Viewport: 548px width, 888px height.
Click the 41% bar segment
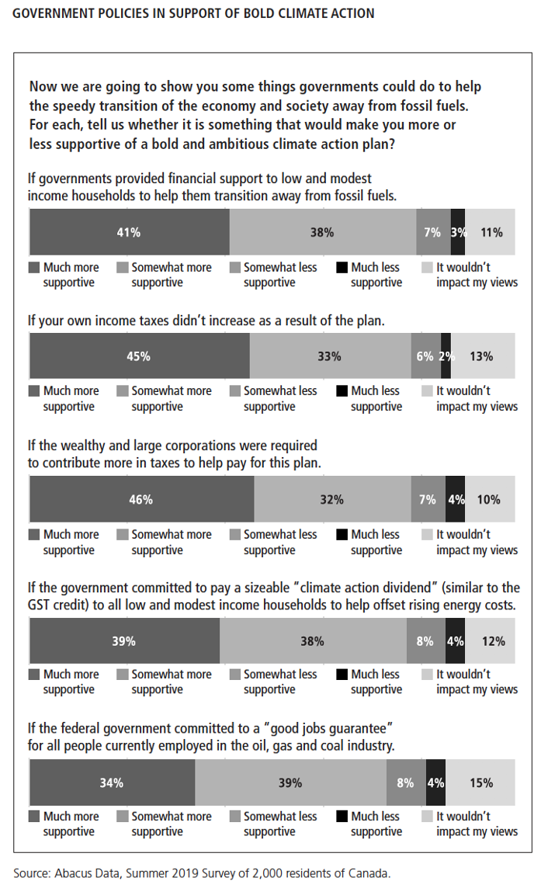[129, 232]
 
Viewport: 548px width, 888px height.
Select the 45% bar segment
[139, 356]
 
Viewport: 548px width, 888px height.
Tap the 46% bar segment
[141, 499]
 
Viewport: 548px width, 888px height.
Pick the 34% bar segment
[112, 782]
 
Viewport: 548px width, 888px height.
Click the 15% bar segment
[480, 782]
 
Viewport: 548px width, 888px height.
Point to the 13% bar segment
[482, 356]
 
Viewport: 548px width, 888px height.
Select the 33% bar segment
[330, 356]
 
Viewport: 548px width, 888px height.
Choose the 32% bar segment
[332, 499]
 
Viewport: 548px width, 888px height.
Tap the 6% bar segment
[425, 356]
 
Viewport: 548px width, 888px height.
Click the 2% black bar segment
[446, 356]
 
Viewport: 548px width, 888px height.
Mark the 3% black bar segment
[458, 232]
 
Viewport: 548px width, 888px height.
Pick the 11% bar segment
[491, 232]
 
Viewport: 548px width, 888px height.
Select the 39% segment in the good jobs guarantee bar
[290, 782]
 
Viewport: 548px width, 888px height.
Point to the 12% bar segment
[491, 640]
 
